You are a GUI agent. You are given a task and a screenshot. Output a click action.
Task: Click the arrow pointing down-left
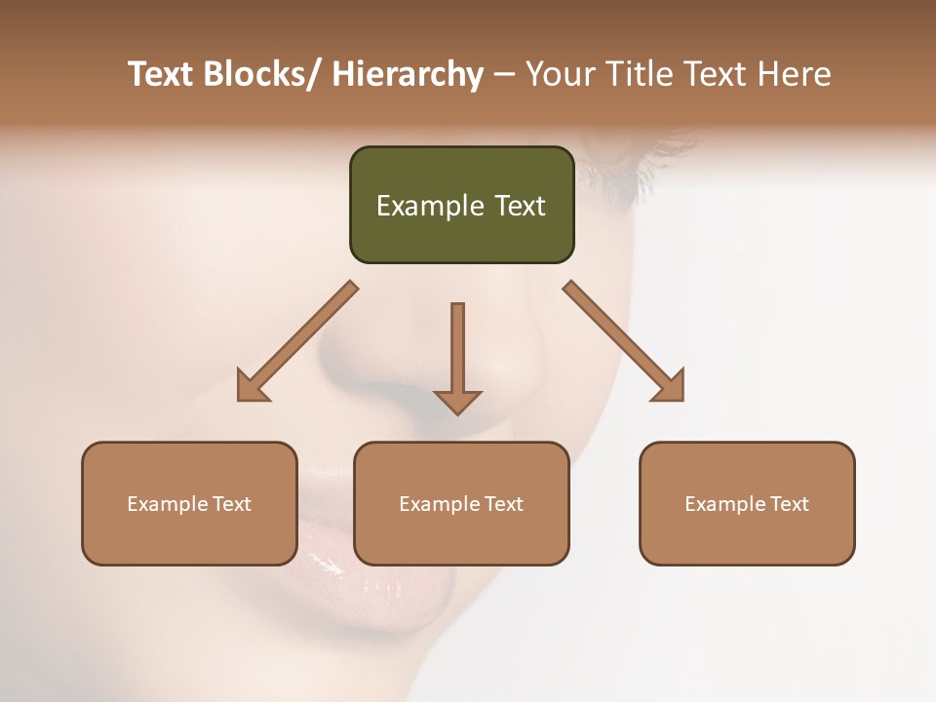point(298,341)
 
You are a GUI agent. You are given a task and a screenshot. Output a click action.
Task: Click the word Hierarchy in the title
point(408,74)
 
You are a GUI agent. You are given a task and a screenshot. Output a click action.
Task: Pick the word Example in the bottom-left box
point(168,504)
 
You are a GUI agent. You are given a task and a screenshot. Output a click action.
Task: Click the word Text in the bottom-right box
point(788,504)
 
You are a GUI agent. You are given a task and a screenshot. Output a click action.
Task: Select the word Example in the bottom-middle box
point(440,504)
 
